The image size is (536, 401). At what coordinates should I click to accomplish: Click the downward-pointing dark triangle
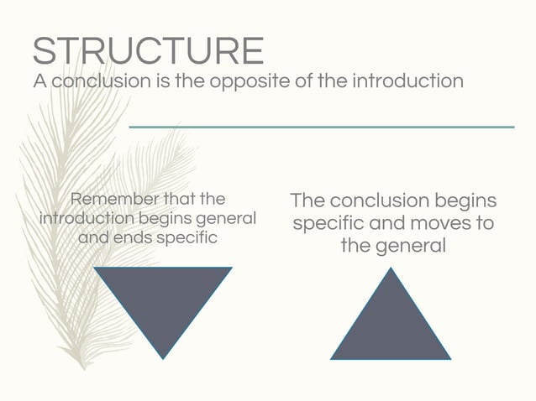tap(163, 302)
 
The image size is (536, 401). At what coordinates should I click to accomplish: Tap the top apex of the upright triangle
tap(391, 269)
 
